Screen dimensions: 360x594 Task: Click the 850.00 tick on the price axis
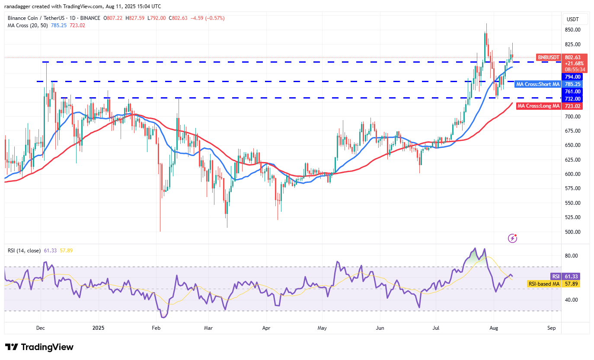point(572,30)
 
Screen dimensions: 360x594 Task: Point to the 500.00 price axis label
point(572,232)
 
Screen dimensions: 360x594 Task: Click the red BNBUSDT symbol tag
point(549,57)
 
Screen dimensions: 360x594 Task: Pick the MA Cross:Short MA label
point(538,84)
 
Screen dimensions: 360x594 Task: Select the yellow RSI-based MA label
point(543,284)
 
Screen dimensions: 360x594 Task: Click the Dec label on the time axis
point(41,328)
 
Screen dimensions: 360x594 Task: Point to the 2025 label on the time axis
point(99,328)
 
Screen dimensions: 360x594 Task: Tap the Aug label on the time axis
point(494,328)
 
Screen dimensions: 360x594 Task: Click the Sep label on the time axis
point(551,328)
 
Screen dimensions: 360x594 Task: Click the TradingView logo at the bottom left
point(39,347)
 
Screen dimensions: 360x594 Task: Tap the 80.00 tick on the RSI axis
point(572,255)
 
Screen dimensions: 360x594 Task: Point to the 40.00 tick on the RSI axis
point(572,299)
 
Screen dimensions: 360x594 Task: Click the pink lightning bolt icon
point(512,238)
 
